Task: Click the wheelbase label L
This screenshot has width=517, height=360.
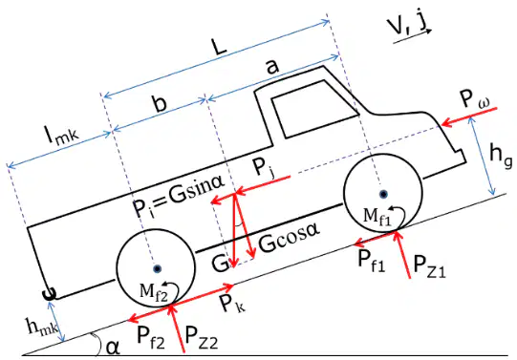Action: click(220, 48)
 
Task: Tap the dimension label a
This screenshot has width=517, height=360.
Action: click(272, 67)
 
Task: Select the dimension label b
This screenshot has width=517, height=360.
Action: click(160, 104)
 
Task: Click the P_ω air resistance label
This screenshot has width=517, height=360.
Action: click(474, 99)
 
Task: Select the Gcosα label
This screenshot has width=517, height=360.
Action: click(289, 241)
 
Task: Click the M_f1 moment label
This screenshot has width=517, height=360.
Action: click(377, 217)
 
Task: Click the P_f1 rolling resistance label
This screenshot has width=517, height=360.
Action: click(372, 262)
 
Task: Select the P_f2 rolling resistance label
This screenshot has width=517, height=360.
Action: click(151, 338)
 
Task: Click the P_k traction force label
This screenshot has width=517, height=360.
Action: click(232, 304)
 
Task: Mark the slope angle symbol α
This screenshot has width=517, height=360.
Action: click(114, 349)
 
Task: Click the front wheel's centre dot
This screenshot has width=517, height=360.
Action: click(383, 195)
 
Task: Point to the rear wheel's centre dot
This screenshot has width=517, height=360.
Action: click(158, 268)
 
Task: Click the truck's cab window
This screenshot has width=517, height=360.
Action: click(313, 109)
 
